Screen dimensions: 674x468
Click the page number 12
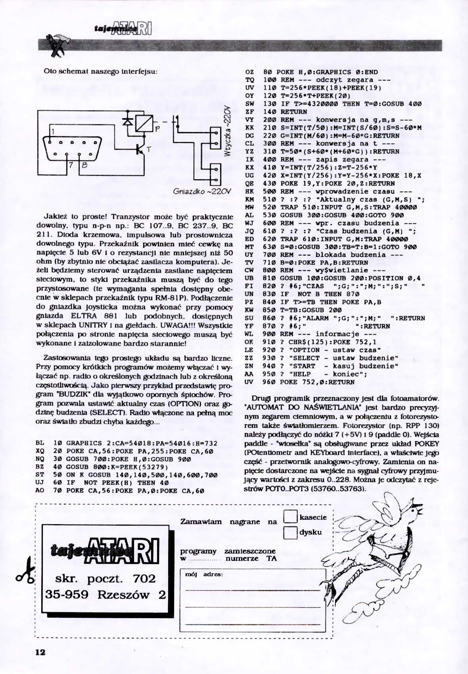point(40,652)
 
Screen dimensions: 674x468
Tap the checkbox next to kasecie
point(291,517)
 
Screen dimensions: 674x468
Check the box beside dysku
point(291,532)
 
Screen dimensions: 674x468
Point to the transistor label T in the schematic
point(149,149)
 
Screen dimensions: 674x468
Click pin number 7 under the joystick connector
point(71,165)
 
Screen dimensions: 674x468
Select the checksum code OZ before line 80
point(249,72)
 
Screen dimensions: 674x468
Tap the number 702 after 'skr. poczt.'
point(144,578)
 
